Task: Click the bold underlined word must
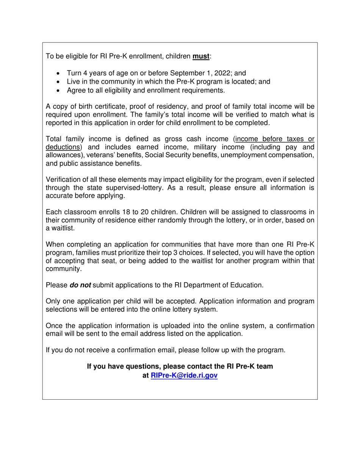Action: click(201, 56)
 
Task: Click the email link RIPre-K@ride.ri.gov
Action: click(184, 375)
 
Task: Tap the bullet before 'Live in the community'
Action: click(58, 82)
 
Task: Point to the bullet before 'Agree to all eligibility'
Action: click(58, 91)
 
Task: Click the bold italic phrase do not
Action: click(80, 285)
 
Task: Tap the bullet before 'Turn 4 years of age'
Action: click(58, 73)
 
